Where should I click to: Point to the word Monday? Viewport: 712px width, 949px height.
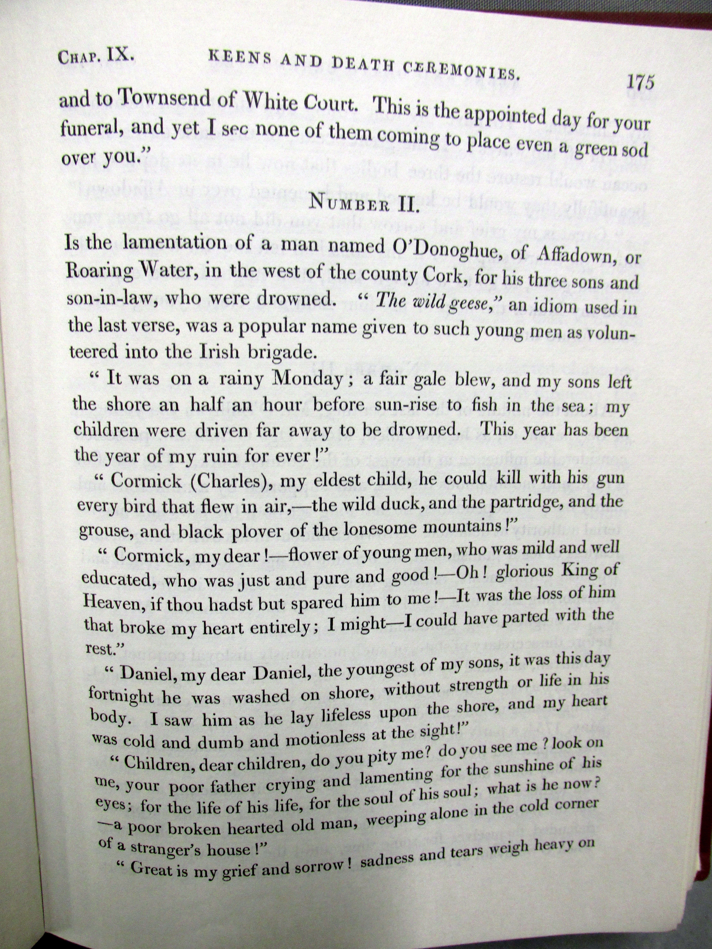click(307, 377)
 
